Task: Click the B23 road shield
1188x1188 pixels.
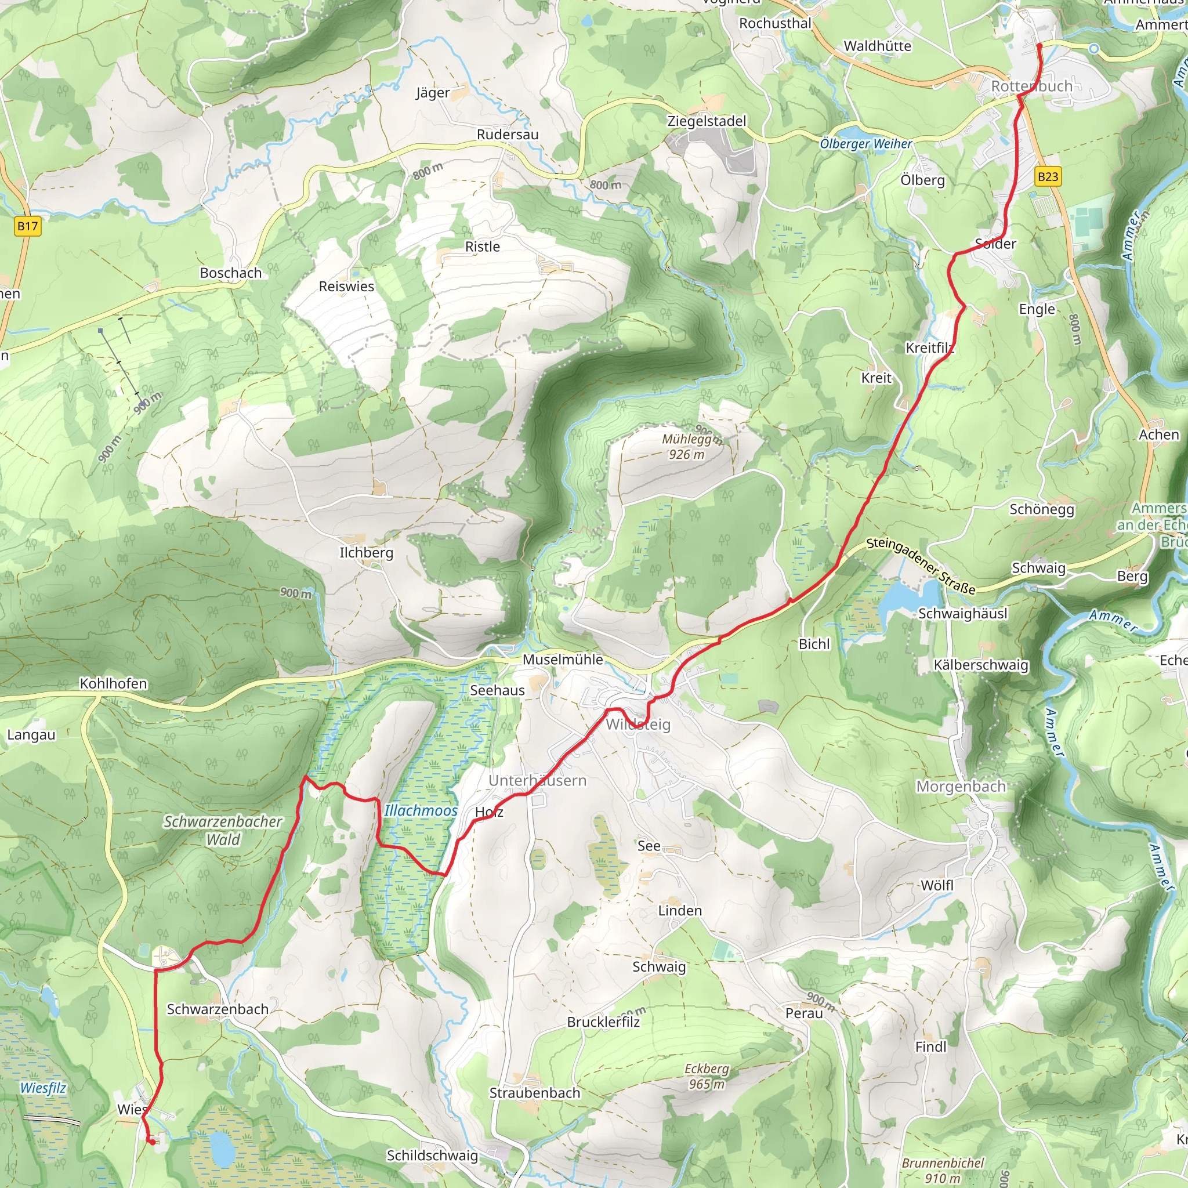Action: [1048, 177]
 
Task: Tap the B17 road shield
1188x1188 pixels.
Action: [27, 226]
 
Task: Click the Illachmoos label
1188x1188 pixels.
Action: [421, 810]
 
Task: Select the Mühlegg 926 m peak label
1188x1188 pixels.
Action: [686, 447]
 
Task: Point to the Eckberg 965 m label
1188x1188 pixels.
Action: [707, 1076]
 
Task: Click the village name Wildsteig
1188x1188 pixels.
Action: [638, 724]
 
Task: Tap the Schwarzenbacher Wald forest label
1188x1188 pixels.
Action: [223, 830]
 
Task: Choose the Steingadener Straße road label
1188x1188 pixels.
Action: [921, 565]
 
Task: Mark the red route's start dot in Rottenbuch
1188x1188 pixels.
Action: [1039, 45]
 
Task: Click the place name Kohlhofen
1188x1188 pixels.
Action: [113, 683]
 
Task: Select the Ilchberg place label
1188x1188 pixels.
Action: [367, 552]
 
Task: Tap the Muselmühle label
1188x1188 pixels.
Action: [562, 659]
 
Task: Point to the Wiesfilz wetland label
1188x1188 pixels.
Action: [43, 1088]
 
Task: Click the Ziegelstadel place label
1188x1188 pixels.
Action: [707, 121]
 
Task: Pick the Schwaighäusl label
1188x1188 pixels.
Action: [962, 614]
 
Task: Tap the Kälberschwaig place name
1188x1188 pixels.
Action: [980, 665]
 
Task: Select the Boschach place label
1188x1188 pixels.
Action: [231, 273]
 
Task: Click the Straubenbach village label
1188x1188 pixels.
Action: [534, 1093]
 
